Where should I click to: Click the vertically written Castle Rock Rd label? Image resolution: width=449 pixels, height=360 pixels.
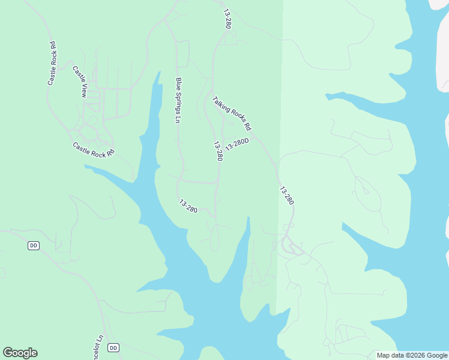(52, 63)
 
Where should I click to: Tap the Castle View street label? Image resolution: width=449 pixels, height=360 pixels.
(80, 81)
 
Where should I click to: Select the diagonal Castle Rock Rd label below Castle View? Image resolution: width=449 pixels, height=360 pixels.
(93, 150)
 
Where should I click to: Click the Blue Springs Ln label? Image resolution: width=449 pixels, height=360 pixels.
(178, 100)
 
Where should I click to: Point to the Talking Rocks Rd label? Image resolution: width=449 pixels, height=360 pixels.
(232, 113)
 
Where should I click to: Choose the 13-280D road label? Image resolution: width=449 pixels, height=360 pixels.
(237, 145)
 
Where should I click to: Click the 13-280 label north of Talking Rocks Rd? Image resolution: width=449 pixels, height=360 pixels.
(228, 19)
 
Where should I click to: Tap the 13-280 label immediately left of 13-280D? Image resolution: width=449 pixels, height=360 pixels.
(218, 151)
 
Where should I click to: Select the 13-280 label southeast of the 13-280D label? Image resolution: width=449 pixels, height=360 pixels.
(287, 196)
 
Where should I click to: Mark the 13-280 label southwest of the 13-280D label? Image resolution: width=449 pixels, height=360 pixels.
(188, 206)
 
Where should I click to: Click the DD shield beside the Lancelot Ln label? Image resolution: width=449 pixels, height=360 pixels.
(114, 347)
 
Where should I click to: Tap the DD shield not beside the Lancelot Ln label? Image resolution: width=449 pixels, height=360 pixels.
(34, 245)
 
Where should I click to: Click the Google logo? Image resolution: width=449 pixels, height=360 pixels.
(20, 353)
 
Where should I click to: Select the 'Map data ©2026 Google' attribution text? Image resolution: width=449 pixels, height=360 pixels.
(412, 355)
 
